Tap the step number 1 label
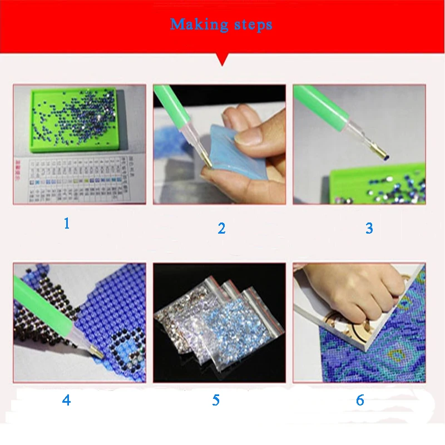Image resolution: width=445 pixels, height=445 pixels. [67, 224]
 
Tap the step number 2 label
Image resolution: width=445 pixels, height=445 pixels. [221, 228]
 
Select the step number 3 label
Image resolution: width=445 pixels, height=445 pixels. [369, 228]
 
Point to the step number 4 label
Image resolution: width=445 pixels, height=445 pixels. [67, 400]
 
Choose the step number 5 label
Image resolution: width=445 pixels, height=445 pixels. [215, 400]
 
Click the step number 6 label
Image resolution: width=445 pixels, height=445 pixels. [360, 400]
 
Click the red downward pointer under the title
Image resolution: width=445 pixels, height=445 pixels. [222, 59]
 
